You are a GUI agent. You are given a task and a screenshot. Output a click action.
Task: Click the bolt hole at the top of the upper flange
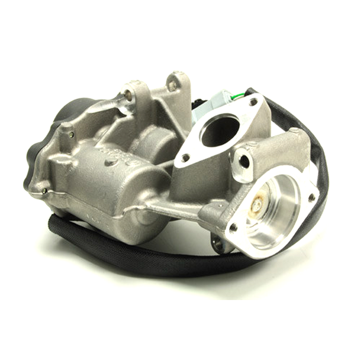pyautogui.click(x=253, y=102)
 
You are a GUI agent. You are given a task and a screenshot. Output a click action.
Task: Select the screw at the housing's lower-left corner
pyautogui.click(x=45, y=191)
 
